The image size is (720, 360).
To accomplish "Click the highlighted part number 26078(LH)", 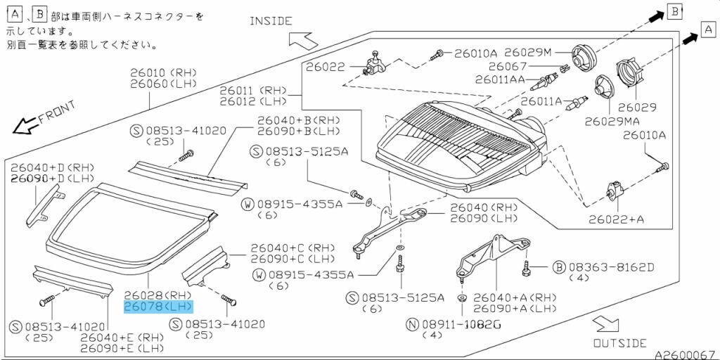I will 157,307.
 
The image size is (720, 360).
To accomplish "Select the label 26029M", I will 529,53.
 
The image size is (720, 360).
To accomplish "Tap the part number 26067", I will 527,66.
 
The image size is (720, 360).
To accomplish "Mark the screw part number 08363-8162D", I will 611,267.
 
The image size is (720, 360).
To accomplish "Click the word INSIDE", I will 271,20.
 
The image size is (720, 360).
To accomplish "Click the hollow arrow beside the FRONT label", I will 25,126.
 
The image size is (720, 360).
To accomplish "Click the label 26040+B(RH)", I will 298,120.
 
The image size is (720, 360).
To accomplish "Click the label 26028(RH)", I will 157,295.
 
